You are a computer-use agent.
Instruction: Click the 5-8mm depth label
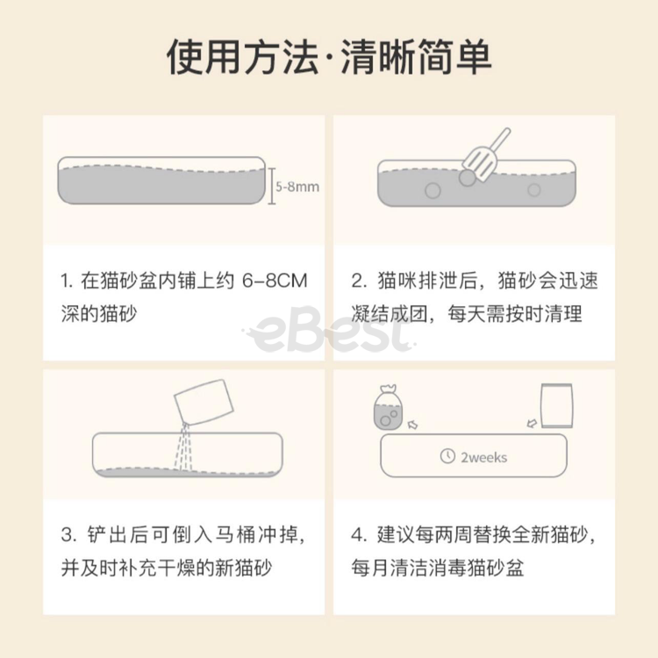coord(297,187)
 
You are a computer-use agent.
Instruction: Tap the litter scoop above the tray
coord(487,154)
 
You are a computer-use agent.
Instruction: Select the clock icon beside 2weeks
coord(447,456)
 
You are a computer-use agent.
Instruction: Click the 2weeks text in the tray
coord(483,457)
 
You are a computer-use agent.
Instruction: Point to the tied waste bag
coord(388,407)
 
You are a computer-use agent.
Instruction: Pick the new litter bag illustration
coord(557,406)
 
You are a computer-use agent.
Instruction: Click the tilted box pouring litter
coord(204,403)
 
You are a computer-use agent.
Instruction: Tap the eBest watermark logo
coord(329,330)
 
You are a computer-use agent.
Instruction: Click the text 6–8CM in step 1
coord(275,281)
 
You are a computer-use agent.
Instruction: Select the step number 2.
coord(358,281)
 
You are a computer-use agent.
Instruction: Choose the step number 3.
coord(68,534)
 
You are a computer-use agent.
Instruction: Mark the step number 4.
coord(358,534)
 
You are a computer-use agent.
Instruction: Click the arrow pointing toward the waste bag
coord(412,426)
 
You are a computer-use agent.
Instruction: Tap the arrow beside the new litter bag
coord(532,423)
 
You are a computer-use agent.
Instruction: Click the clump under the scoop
coord(467,177)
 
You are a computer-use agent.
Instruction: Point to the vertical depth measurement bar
coord(271,186)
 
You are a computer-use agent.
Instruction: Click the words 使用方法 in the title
coord(242,57)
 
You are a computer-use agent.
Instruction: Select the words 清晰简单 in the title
coord(416,57)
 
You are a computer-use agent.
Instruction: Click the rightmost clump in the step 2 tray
coord(533,190)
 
